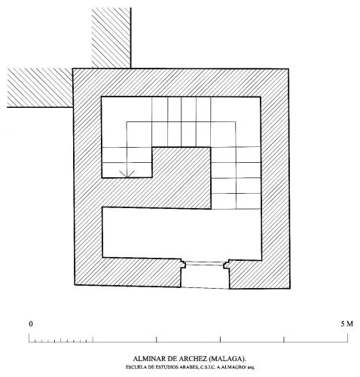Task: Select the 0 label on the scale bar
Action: pos(31,324)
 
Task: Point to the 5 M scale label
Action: pos(346,324)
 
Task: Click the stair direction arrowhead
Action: pos(127,173)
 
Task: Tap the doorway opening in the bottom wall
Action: pos(205,275)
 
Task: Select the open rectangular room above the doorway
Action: pos(182,234)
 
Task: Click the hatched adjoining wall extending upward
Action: pos(111,38)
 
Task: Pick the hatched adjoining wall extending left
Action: pos(40,87)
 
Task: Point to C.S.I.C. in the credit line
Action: pos(208,367)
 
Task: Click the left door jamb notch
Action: pos(183,264)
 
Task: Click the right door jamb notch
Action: pos(227,265)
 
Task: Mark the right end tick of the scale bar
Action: pos(348,338)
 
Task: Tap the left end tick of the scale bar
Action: pos(29,338)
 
